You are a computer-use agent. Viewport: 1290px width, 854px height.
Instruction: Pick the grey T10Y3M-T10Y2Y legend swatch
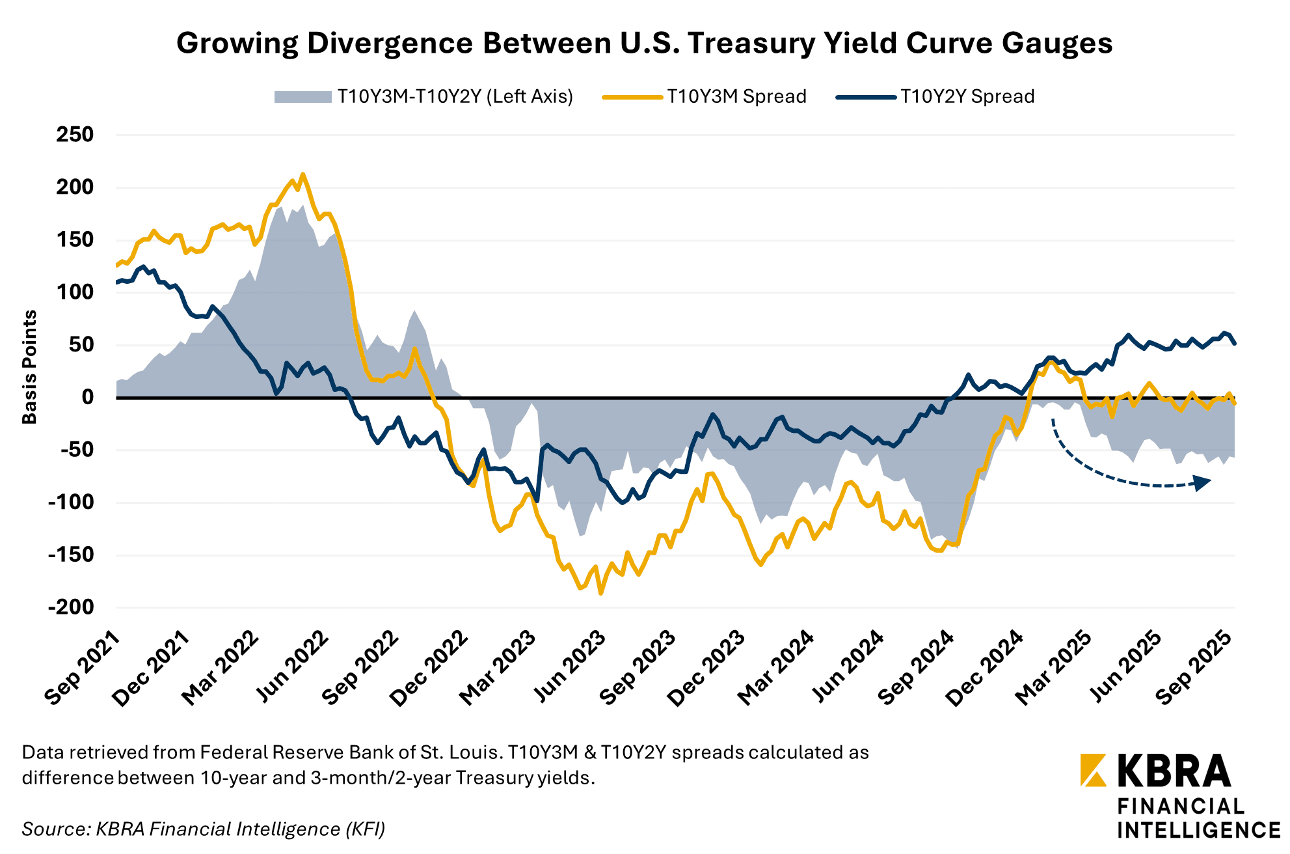tap(302, 97)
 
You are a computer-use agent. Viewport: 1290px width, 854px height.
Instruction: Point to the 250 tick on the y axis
tap(75, 135)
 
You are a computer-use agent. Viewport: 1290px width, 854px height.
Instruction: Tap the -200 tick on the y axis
tap(71, 607)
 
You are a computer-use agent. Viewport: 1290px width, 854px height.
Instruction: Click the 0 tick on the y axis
tap(87, 397)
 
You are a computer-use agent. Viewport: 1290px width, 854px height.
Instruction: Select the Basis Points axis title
tap(30, 367)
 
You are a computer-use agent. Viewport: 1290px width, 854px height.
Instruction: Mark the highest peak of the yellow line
tap(302, 174)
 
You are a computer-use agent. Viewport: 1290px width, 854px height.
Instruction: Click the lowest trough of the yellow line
tap(600, 593)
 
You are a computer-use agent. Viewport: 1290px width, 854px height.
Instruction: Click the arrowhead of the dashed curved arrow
tap(1203, 482)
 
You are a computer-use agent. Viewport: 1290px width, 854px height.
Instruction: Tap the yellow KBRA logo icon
tap(1093, 770)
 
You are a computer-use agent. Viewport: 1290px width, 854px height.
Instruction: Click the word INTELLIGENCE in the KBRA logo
tap(1198, 831)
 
